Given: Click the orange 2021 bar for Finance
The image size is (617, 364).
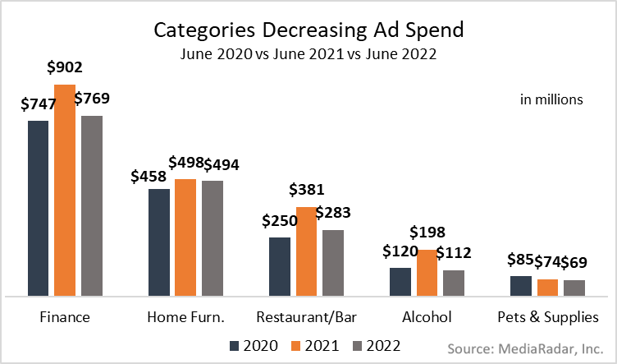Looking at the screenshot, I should (65, 190).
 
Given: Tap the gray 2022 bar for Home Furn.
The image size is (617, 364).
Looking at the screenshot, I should (213, 237).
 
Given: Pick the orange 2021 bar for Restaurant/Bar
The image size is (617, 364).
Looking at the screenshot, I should (307, 251).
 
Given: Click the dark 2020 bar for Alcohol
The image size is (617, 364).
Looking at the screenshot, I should (400, 281).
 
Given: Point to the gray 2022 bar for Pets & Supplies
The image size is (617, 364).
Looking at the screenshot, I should (575, 287).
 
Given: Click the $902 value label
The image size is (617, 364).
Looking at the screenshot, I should (64, 68).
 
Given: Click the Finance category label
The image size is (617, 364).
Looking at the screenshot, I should (65, 317).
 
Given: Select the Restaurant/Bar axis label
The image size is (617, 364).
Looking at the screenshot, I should (307, 317).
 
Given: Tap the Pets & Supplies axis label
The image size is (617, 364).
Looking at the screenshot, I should (547, 317).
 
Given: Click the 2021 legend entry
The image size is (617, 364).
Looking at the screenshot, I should (315, 345).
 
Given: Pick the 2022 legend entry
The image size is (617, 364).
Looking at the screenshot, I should (376, 345).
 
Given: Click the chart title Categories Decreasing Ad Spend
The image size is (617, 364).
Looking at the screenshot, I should (308, 30).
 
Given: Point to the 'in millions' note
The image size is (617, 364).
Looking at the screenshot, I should (551, 99).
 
